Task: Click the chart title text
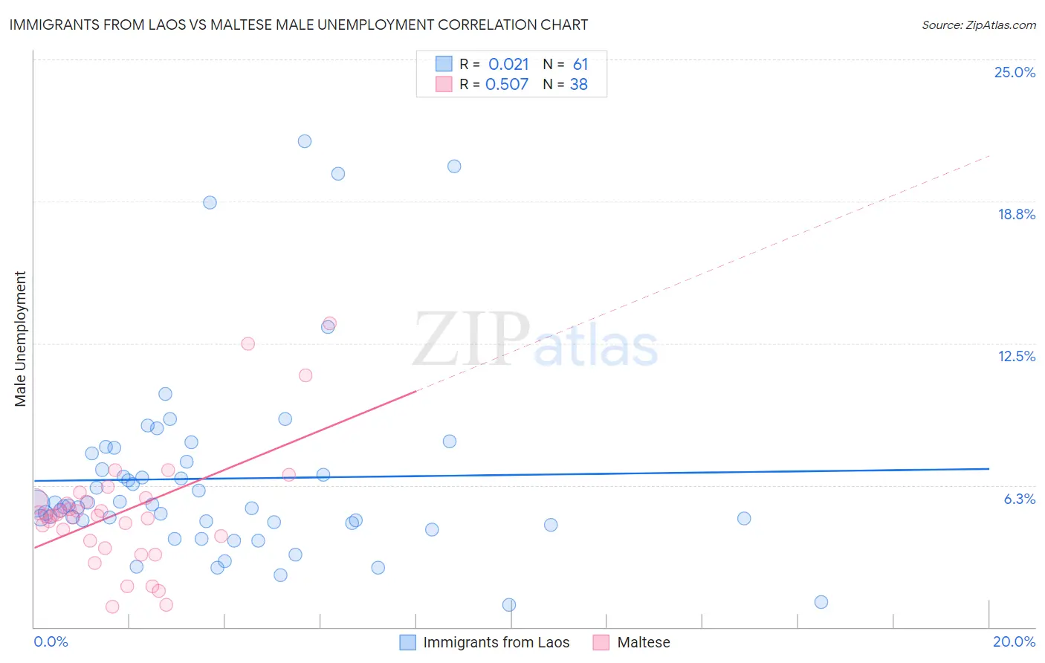coord(298,25)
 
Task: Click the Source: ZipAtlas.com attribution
coord(978,25)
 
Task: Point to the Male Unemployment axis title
coord(21,339)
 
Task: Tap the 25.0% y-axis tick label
coord(1015,73)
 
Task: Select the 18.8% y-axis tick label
coord(1016,215)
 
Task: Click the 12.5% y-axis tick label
coord(1016,357)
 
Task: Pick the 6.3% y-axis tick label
coord(1019,499)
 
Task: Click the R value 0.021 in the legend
coord(508,65)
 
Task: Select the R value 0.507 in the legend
coord(507,85)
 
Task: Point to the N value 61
coord(580,65)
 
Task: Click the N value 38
coord(579,85)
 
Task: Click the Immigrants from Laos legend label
coord(496,643)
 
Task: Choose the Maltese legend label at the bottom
coord(644,643)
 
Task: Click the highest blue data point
coord(305,141)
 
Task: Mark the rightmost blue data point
coord(821,602)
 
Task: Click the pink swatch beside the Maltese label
coord(601,643)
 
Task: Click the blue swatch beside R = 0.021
coord(444,64)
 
